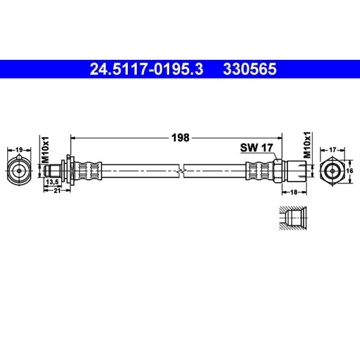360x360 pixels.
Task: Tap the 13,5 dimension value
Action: coord(53,181)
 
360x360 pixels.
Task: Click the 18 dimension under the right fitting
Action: coord(294,192)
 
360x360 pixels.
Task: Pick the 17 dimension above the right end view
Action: coord(333,150)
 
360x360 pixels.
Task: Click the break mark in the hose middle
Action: coord(180,171)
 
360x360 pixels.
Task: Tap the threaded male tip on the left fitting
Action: coord(54,171)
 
